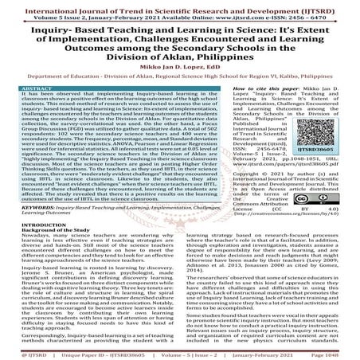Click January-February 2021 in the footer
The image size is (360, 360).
click(x=268, y=353)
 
